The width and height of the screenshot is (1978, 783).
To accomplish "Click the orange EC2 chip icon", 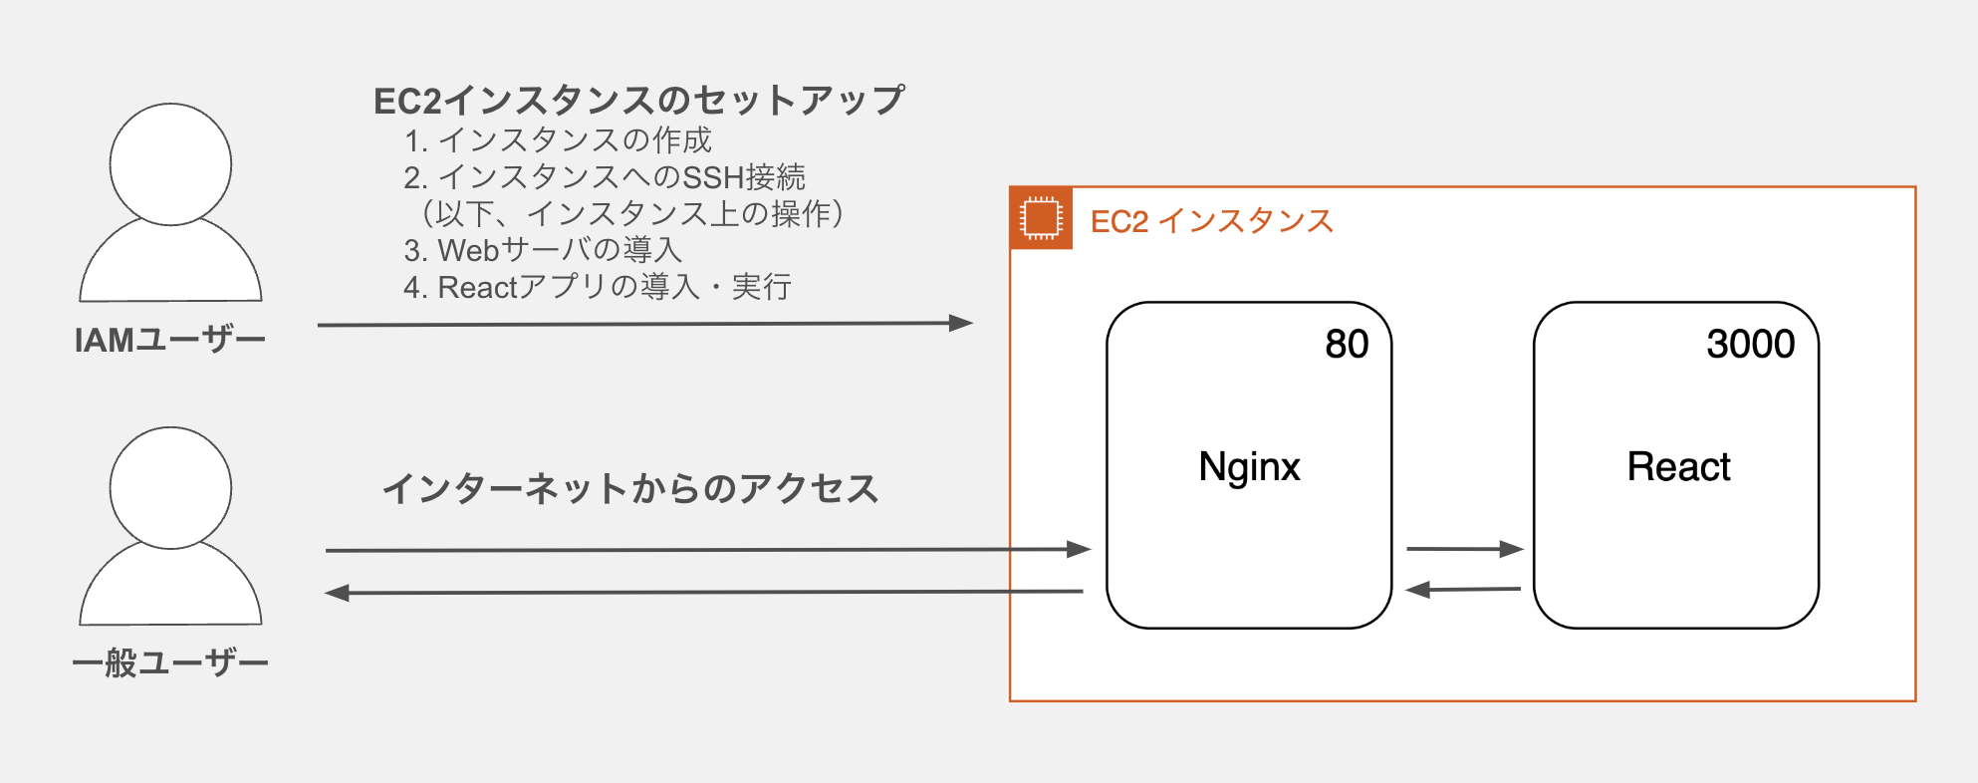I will pyautogui.click(x=1041, y=218).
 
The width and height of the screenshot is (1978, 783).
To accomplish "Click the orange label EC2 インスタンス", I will pyautogui.click(x=1211, y=221).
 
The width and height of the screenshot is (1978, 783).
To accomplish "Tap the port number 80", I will pyautogui.click(x=1347, y=345).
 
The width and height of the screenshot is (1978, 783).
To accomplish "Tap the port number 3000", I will pyautogui.click(x=1750, y=345).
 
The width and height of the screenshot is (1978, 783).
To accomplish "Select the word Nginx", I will pyautogui.click(x=1249, y=467).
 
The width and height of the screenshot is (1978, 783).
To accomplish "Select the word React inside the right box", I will pyautogui.click(x=1678, y=467).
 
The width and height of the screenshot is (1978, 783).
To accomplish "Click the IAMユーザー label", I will pyautogui.click(x=170, y=341).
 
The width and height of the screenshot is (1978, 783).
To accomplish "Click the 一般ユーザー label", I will pyautogui.click(x=170, y=663).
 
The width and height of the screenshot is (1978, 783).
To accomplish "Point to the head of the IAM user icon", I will pyautogui.click(x=170, y=164).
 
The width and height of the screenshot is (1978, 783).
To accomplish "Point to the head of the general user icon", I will pyautogui.click(x=170, y=488).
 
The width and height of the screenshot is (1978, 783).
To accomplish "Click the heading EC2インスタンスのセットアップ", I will pyautogui.click(x=638, y=101).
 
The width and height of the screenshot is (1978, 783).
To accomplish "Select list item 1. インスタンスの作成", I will pyautogui.click(x=558, y=140).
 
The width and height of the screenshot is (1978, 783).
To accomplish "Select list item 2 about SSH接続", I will pyautogui.click(x=605, y=177).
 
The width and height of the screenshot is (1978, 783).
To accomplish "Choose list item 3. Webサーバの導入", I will pyautogui.click(x=543, y=250).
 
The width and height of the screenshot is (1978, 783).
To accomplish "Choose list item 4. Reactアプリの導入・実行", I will pyautogui.click(x=598, y=287).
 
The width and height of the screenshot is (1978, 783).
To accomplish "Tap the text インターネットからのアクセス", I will pyautogui.click(x=630, y=489).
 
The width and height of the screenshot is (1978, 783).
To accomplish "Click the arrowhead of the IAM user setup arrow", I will pyautogui.click(x=960, y=323).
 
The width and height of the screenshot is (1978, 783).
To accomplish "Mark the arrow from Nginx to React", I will pyautogui.click(x=1464, y=548).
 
